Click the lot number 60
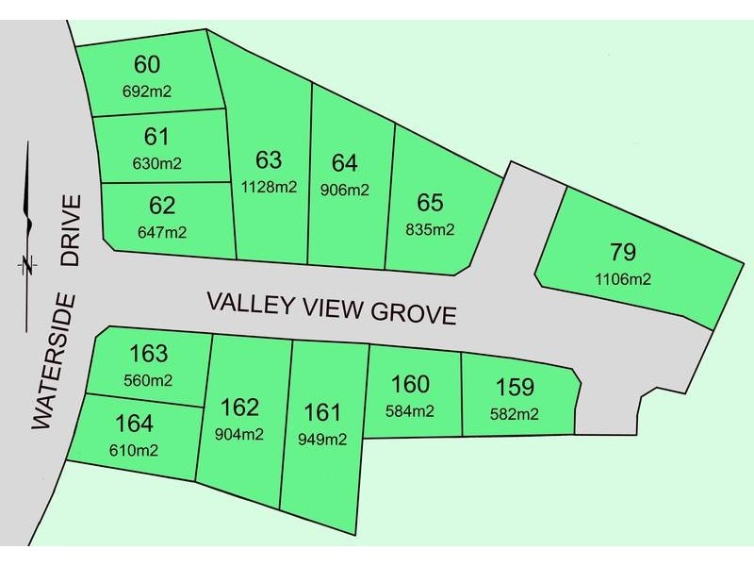click(147, 65)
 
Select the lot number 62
click(162, 206)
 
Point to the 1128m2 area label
click(268, 186)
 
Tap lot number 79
click(623, 252)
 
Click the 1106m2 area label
click(623, 278)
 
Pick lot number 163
click(148, 355)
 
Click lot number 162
click(239, 408)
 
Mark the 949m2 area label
click(322, 439)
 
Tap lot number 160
click(410, 385)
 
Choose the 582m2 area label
click(515, 413)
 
